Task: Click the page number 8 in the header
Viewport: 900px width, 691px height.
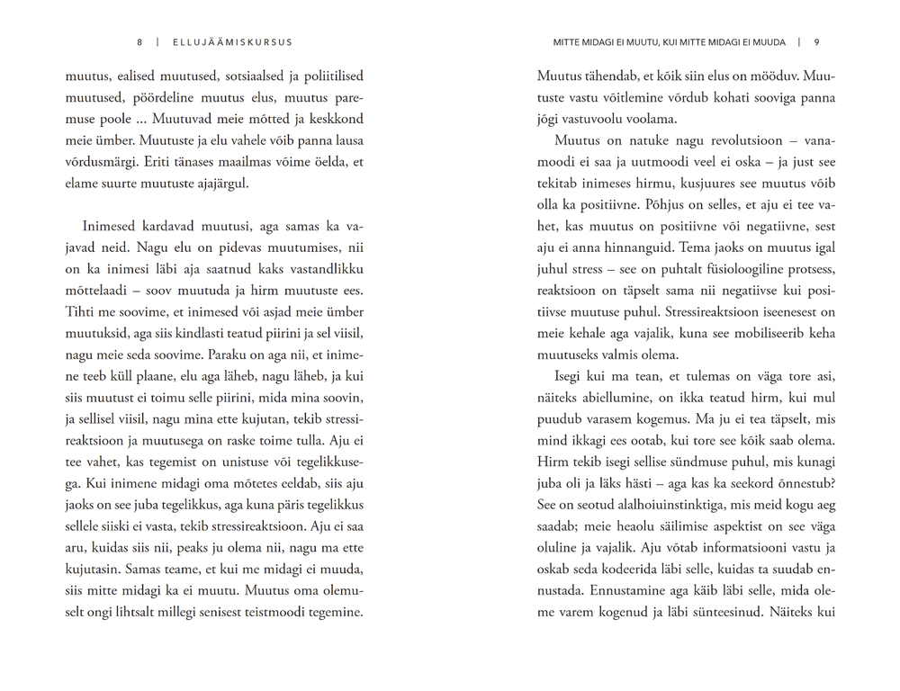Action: [139, 42]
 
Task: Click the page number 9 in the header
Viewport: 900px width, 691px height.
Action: [815, 42]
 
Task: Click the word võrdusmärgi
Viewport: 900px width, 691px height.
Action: [103, 162]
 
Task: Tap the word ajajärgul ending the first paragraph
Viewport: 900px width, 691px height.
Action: [218, 184]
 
